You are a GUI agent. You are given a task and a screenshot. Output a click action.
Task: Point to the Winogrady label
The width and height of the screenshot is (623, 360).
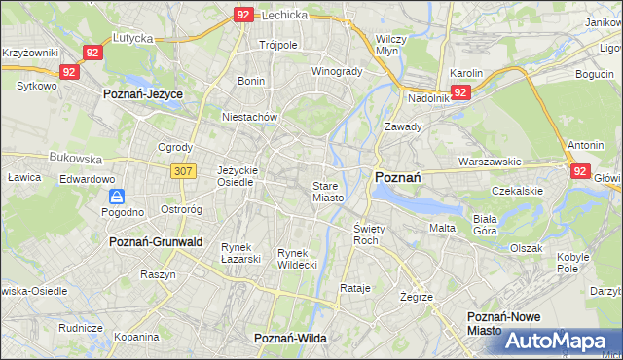(x=336, y=71)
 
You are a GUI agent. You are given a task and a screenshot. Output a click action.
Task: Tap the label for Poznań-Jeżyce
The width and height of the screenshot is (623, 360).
(x=143, y=94)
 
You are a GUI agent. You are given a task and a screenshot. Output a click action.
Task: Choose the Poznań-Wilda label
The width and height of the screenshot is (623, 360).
(x=289, y=337)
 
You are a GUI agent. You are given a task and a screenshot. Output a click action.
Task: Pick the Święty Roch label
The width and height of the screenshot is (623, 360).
(x=366, y=234)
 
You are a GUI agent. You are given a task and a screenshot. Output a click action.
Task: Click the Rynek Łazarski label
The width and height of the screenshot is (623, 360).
(x=240, y=253)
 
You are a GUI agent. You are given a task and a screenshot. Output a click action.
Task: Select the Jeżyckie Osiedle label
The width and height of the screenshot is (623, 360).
(x=238, y=175)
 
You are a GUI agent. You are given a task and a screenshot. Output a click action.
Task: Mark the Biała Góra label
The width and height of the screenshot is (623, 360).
(x=484, y=225)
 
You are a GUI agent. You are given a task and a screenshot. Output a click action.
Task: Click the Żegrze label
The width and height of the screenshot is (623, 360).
(x=416, y=296)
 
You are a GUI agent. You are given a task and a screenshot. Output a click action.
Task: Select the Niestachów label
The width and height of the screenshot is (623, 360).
(x=250, y=116)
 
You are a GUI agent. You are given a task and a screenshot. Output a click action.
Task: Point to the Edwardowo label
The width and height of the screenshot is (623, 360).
(x=88, y=180)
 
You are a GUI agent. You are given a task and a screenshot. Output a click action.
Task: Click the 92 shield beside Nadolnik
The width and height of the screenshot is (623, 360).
(x=461, y=92)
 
